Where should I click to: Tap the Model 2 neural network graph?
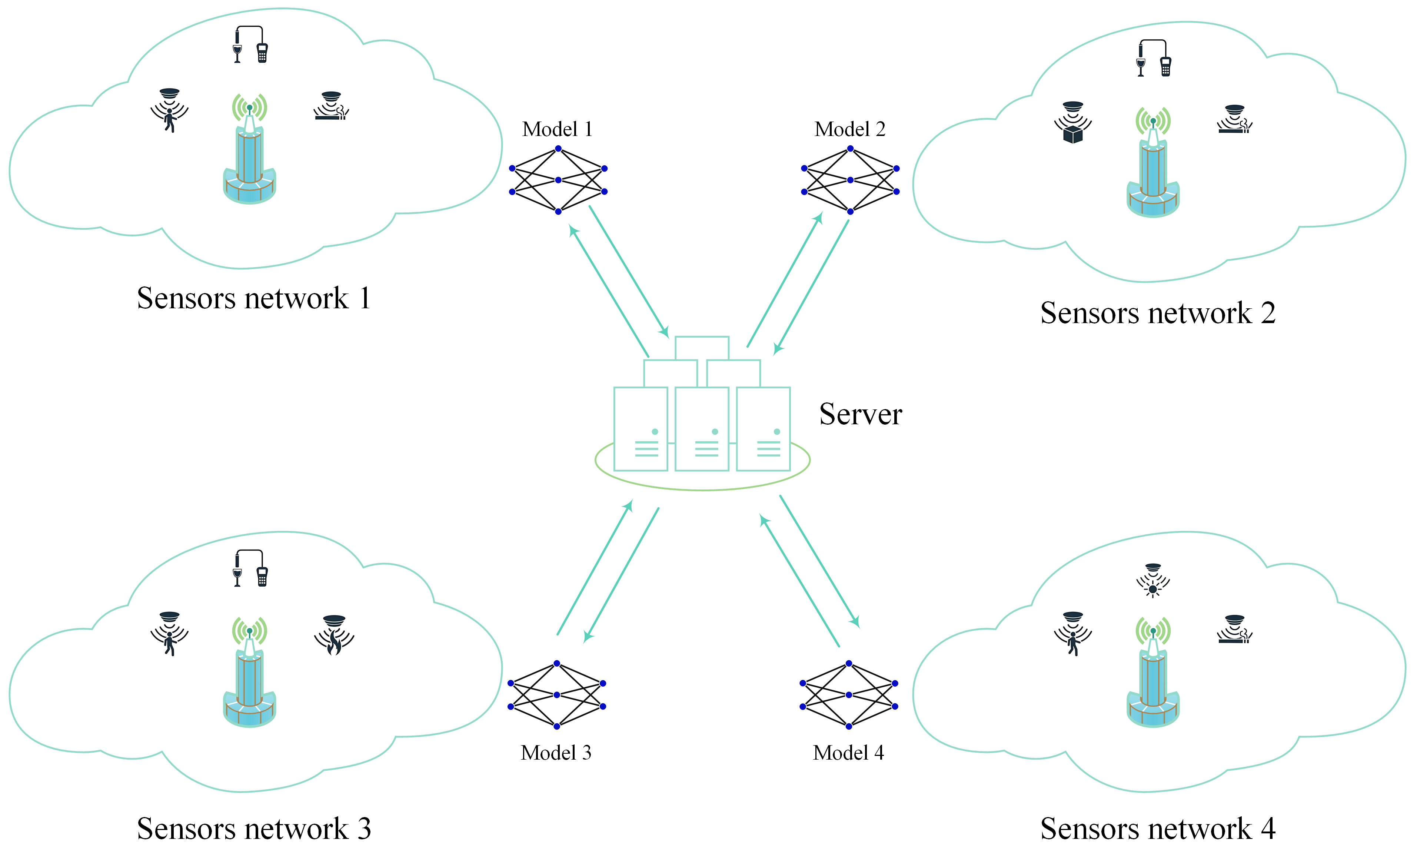coord(850,180)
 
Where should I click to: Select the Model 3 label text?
coord(556,753)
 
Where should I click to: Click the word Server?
coord(860,414)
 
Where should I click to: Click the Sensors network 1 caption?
coord(253,298)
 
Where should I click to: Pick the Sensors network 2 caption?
coord(1157,313)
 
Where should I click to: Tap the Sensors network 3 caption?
coord(253,828)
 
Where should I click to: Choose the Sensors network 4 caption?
coord(1157,828)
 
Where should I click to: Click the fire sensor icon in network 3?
coord(334,635)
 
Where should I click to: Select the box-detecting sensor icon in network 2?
coord(1072,122)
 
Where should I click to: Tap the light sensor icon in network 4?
coord(1152,581)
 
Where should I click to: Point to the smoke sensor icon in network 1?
coord(332,106)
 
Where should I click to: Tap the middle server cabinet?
coord(702,428)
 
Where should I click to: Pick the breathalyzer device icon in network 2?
coord(1153,58)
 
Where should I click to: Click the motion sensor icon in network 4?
coord(1072,633)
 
